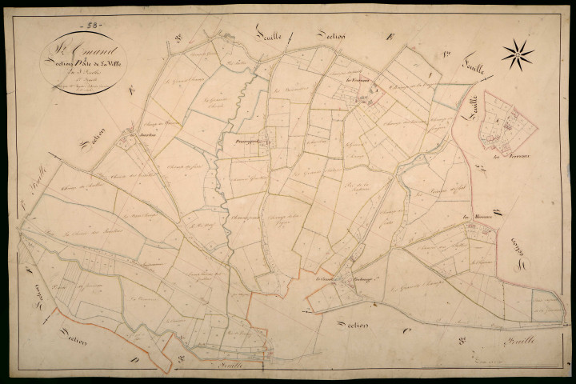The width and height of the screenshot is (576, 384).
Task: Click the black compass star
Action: pos(518,54)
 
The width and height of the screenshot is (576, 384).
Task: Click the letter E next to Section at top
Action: pos(389,36)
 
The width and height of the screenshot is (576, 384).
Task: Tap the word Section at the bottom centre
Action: pos(352,326)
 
